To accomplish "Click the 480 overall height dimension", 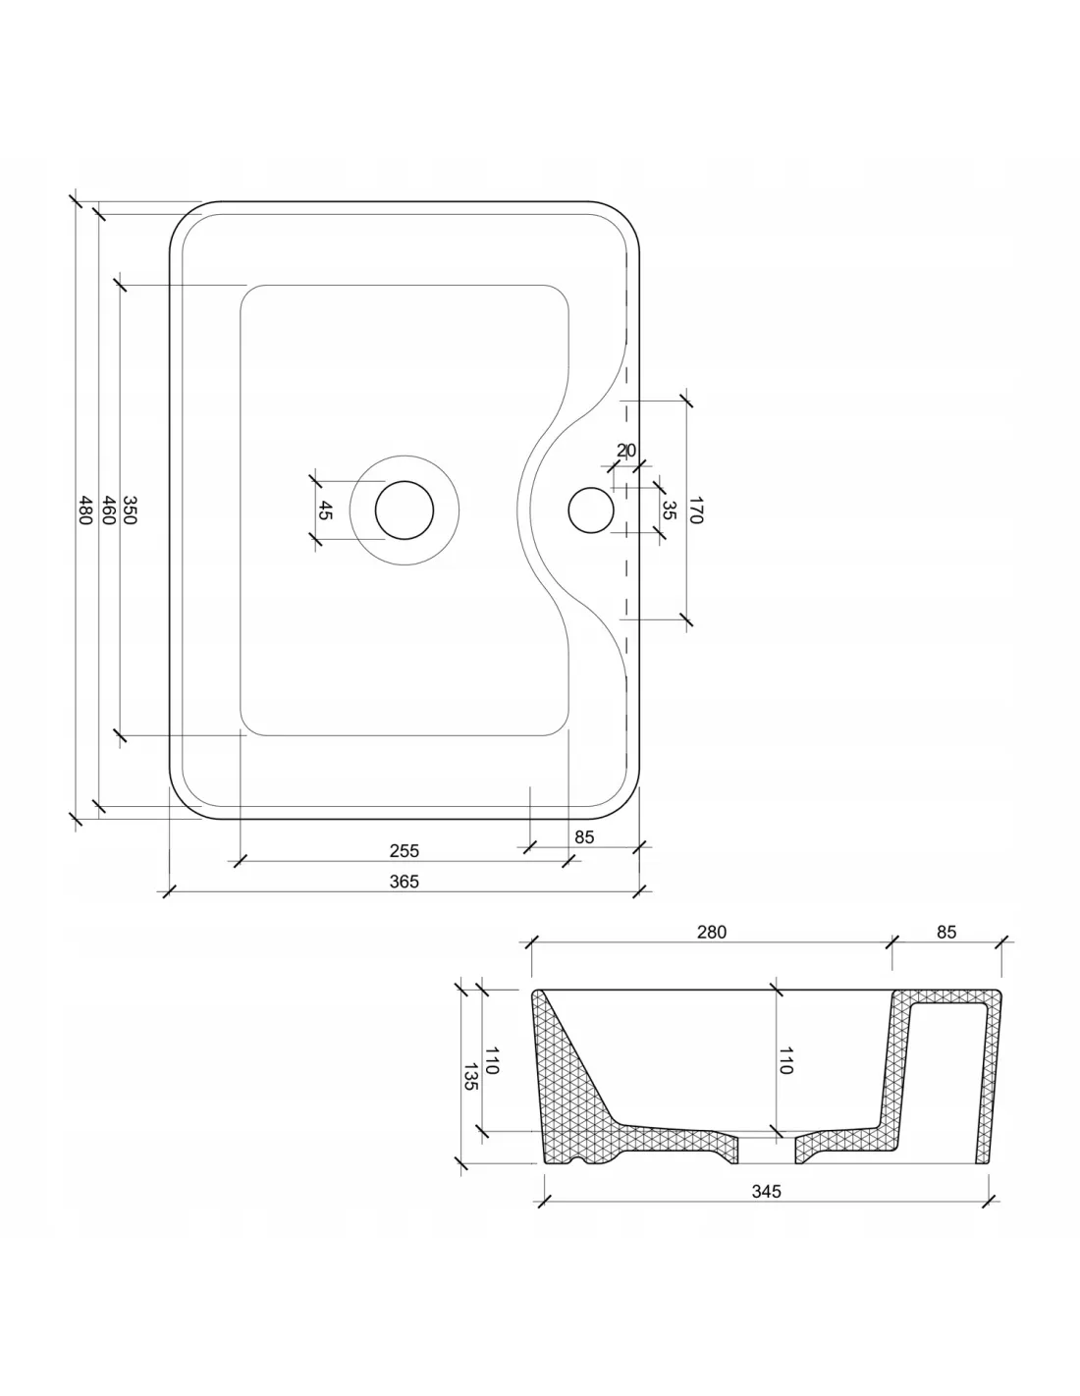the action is pyautogui.click(x=85, y=510).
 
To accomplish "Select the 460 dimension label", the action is pyautogui.click(x=109, y=510).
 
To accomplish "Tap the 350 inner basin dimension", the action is pyautogui.click(x=130, y=510).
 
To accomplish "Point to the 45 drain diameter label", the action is pyautogui.click(x=325, y=510).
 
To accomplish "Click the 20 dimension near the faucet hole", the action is pyautogui.click(x=625, y=451).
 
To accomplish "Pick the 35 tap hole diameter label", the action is pyautogui.click(x=669, y=510).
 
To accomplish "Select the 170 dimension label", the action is pyautogui.click(x=696, y=510).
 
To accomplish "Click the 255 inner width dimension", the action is pyautogui.click(x=405, y=850).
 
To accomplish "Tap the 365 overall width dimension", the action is pyautogui.click(x=405, y=882).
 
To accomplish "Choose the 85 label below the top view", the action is pyautogui.click(x=584, y=837).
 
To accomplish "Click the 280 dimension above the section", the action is pyautogui.click(x=711, y=932).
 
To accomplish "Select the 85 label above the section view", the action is pyautogui.click(x=946, y=932).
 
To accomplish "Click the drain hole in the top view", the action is pyautogui.click(x=405, y=510).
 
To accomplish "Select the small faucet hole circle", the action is pyautogui.click(x=591, y=510).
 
